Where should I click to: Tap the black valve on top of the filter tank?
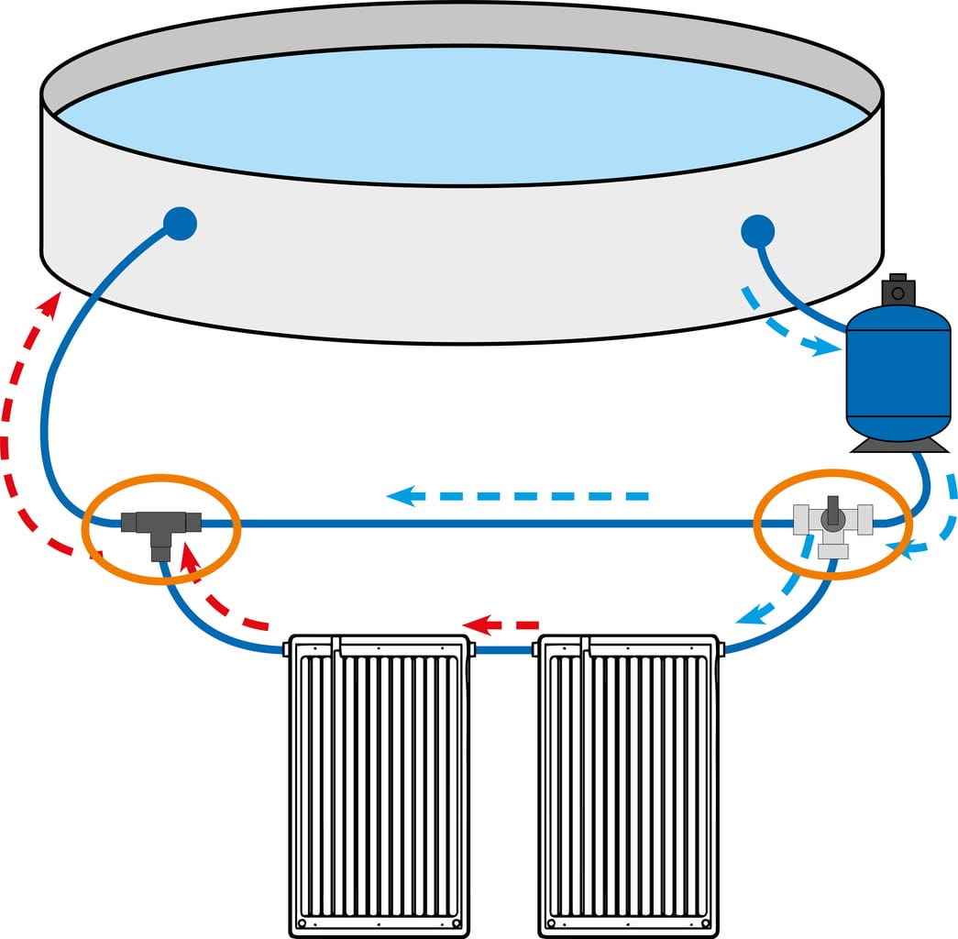coord(897,292)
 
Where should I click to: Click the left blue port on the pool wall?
coord(180,223)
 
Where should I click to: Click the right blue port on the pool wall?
coord(757,230)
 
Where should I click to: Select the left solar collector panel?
coord(379,784)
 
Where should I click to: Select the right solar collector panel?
coord(628,784)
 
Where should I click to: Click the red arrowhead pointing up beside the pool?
coord(52,303)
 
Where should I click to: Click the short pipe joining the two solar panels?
coord(503,650)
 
